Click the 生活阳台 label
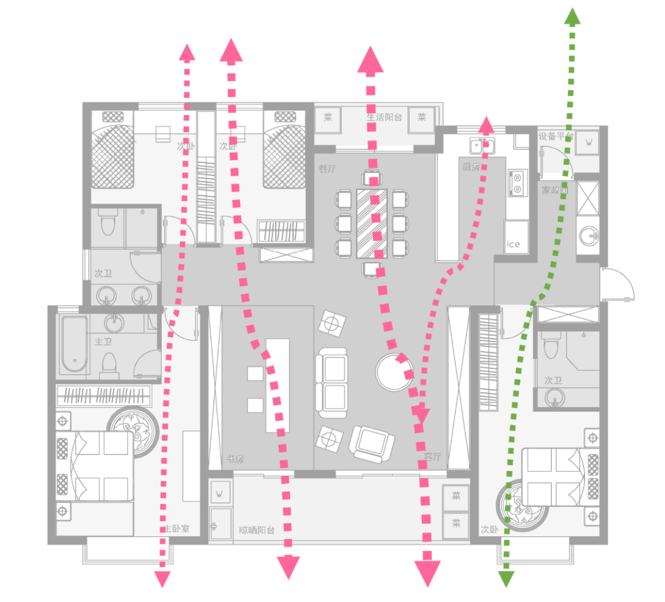pos(385,117)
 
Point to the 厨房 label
pos(471,167)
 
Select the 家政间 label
pos(554,191)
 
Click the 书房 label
pos(235,459)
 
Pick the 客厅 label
pos(433,457)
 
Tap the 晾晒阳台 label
pos(257,529)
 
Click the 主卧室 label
pos(177,529)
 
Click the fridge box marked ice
pos(514,244)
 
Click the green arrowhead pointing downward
pos(506,579)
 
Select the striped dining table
pos(373,223)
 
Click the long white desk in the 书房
pos(277,385)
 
